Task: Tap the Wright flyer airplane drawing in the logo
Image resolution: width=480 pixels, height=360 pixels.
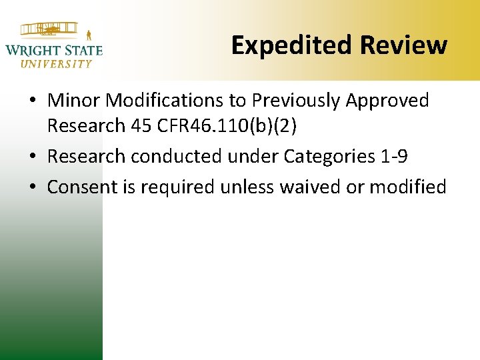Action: click(51, 30)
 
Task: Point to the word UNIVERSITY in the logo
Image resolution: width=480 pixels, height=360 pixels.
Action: click(56, 64)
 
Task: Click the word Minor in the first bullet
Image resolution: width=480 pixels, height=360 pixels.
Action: click(75, 101)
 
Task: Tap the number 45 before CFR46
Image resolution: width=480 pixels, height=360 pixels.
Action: click(143, 125)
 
